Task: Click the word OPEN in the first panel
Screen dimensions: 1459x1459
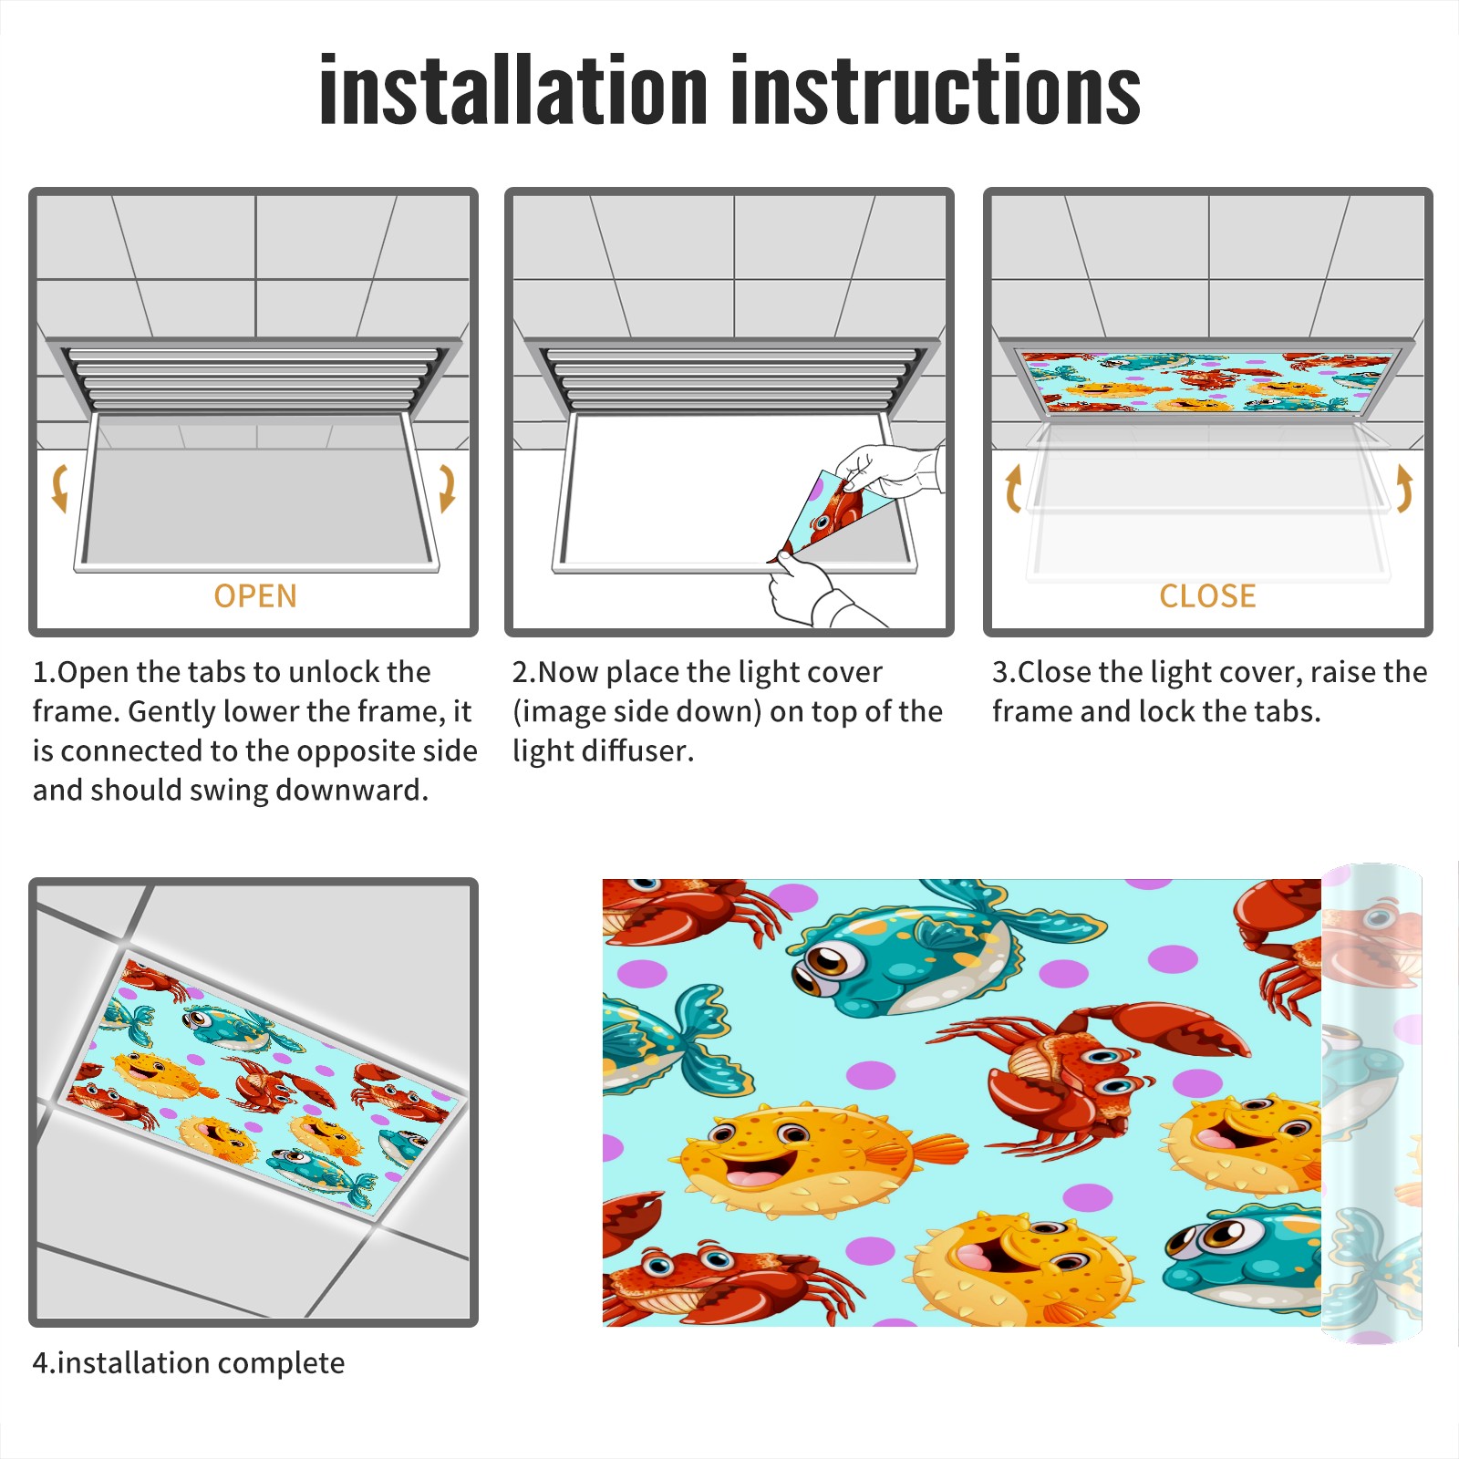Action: point(255,596)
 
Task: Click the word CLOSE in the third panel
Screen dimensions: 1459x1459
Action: point(1207,596)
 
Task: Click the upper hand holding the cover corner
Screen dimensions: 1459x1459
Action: point(889,470)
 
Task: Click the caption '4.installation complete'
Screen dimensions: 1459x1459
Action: point(189,1363)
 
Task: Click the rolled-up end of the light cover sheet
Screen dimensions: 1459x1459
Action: point(1371,1103)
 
